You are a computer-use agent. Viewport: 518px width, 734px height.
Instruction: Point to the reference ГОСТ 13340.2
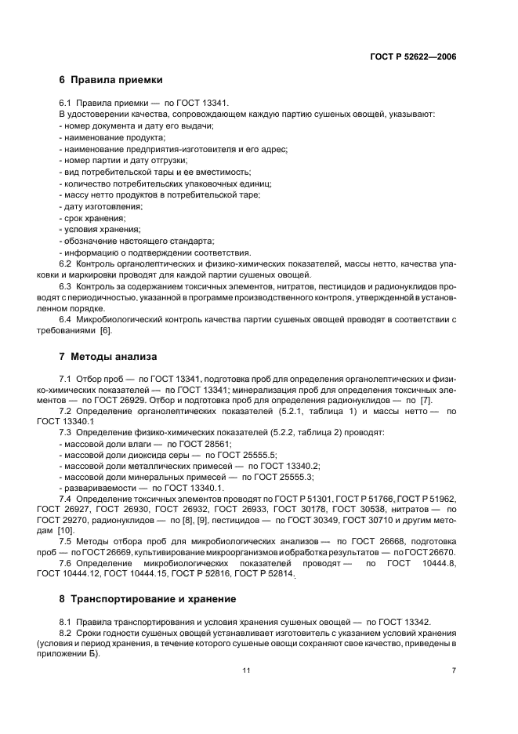point(288,466)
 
